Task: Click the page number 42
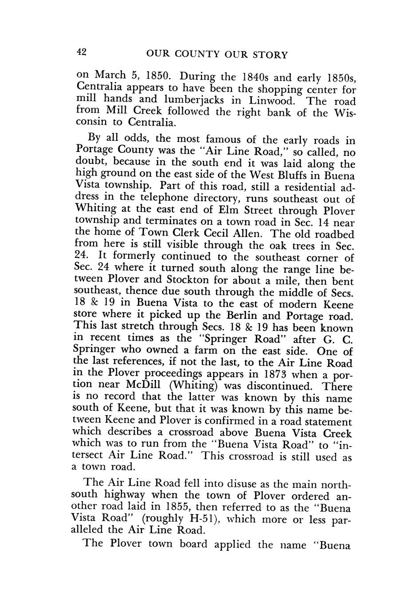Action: point(81,52)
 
